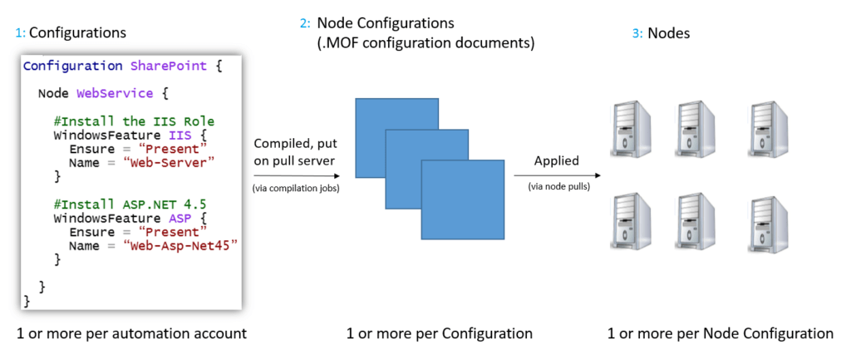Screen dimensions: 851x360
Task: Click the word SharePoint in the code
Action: click(x=169, y=67)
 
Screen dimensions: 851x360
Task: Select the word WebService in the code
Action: click(x=115, y=93)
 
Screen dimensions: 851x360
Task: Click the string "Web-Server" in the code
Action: click(x=170, y=162)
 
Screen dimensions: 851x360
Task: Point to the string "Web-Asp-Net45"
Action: click(x=181, y=246)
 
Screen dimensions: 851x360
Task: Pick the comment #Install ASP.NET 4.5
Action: click(x=130, y=205)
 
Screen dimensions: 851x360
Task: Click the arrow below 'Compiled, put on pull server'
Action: click(x=297, y=176)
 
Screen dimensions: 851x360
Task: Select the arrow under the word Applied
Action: click(x=558, y=175)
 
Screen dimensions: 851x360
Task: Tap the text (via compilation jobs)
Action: click(x=297, y=189)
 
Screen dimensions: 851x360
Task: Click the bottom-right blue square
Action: click(x=463, y=200)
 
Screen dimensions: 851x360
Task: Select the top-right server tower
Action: click(x=768, y=128)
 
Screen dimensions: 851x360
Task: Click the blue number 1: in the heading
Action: click(x=20, y=33)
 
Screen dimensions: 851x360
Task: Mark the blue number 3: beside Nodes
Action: click(x=637, y=33)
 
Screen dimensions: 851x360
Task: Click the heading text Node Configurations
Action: click(x=386, y=23)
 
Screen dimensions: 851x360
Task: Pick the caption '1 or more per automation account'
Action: click(x=131, y=333)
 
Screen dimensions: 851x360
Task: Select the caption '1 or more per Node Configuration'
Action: click(x=721, y=333)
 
